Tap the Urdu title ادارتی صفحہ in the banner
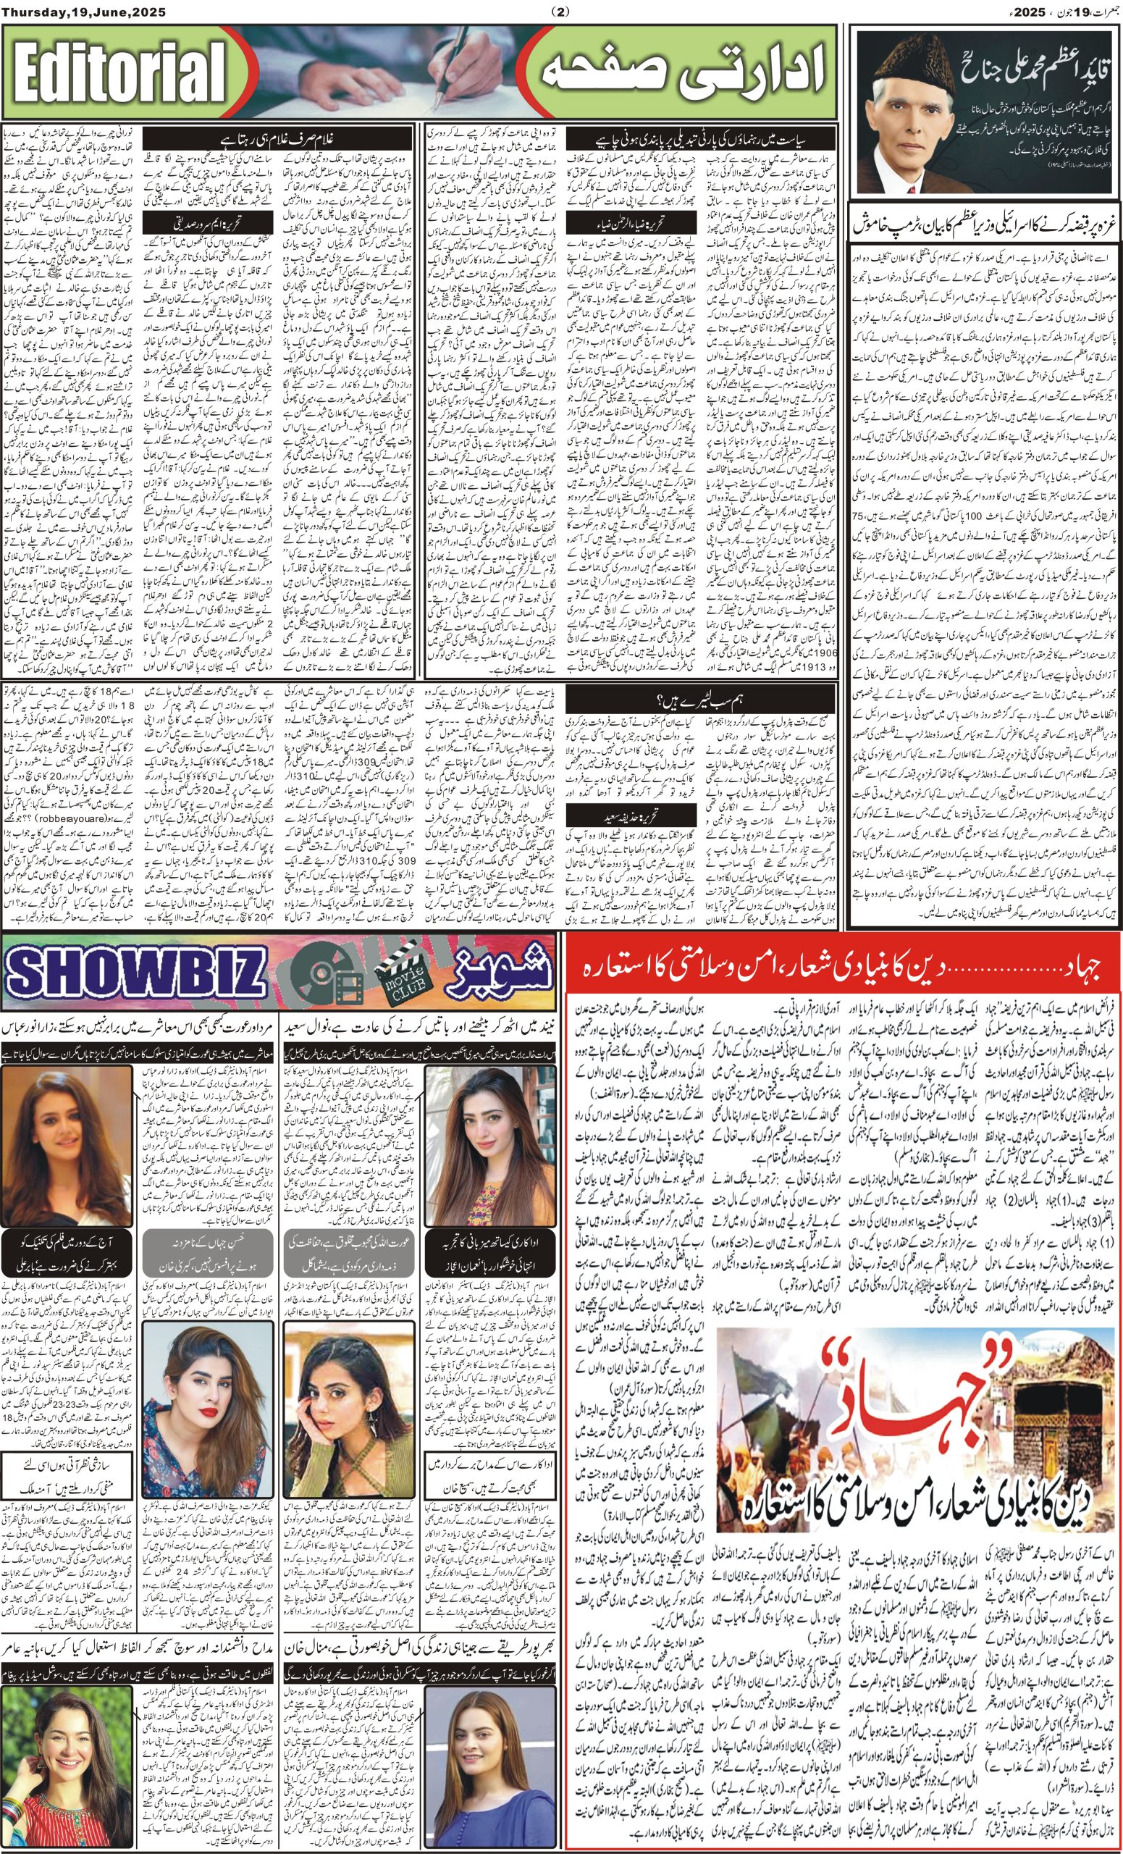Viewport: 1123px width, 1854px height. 684,74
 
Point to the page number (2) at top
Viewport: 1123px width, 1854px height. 561,11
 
